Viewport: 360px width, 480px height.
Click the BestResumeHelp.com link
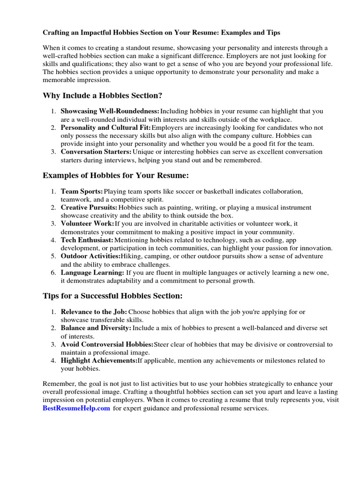point(76,408)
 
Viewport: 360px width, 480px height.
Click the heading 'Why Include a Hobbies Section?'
point(102,96)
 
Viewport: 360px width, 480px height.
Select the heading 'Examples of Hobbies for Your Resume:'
point(115,175)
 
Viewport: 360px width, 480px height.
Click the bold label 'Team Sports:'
point(82,192)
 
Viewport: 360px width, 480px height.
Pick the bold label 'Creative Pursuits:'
point(89,208)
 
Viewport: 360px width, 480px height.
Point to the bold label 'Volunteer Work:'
point(87,224)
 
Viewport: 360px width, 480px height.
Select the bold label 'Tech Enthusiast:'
point(87,240)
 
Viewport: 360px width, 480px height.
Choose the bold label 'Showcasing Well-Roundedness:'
point(110,112)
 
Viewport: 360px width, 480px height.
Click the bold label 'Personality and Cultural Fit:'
point(106,127)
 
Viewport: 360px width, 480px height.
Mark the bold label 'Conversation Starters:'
point(96,152)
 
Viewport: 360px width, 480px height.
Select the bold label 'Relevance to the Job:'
point(94,312)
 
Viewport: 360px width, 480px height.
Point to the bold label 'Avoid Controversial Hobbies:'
point(107,345)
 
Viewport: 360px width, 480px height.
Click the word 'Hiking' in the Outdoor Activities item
point(131,256)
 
